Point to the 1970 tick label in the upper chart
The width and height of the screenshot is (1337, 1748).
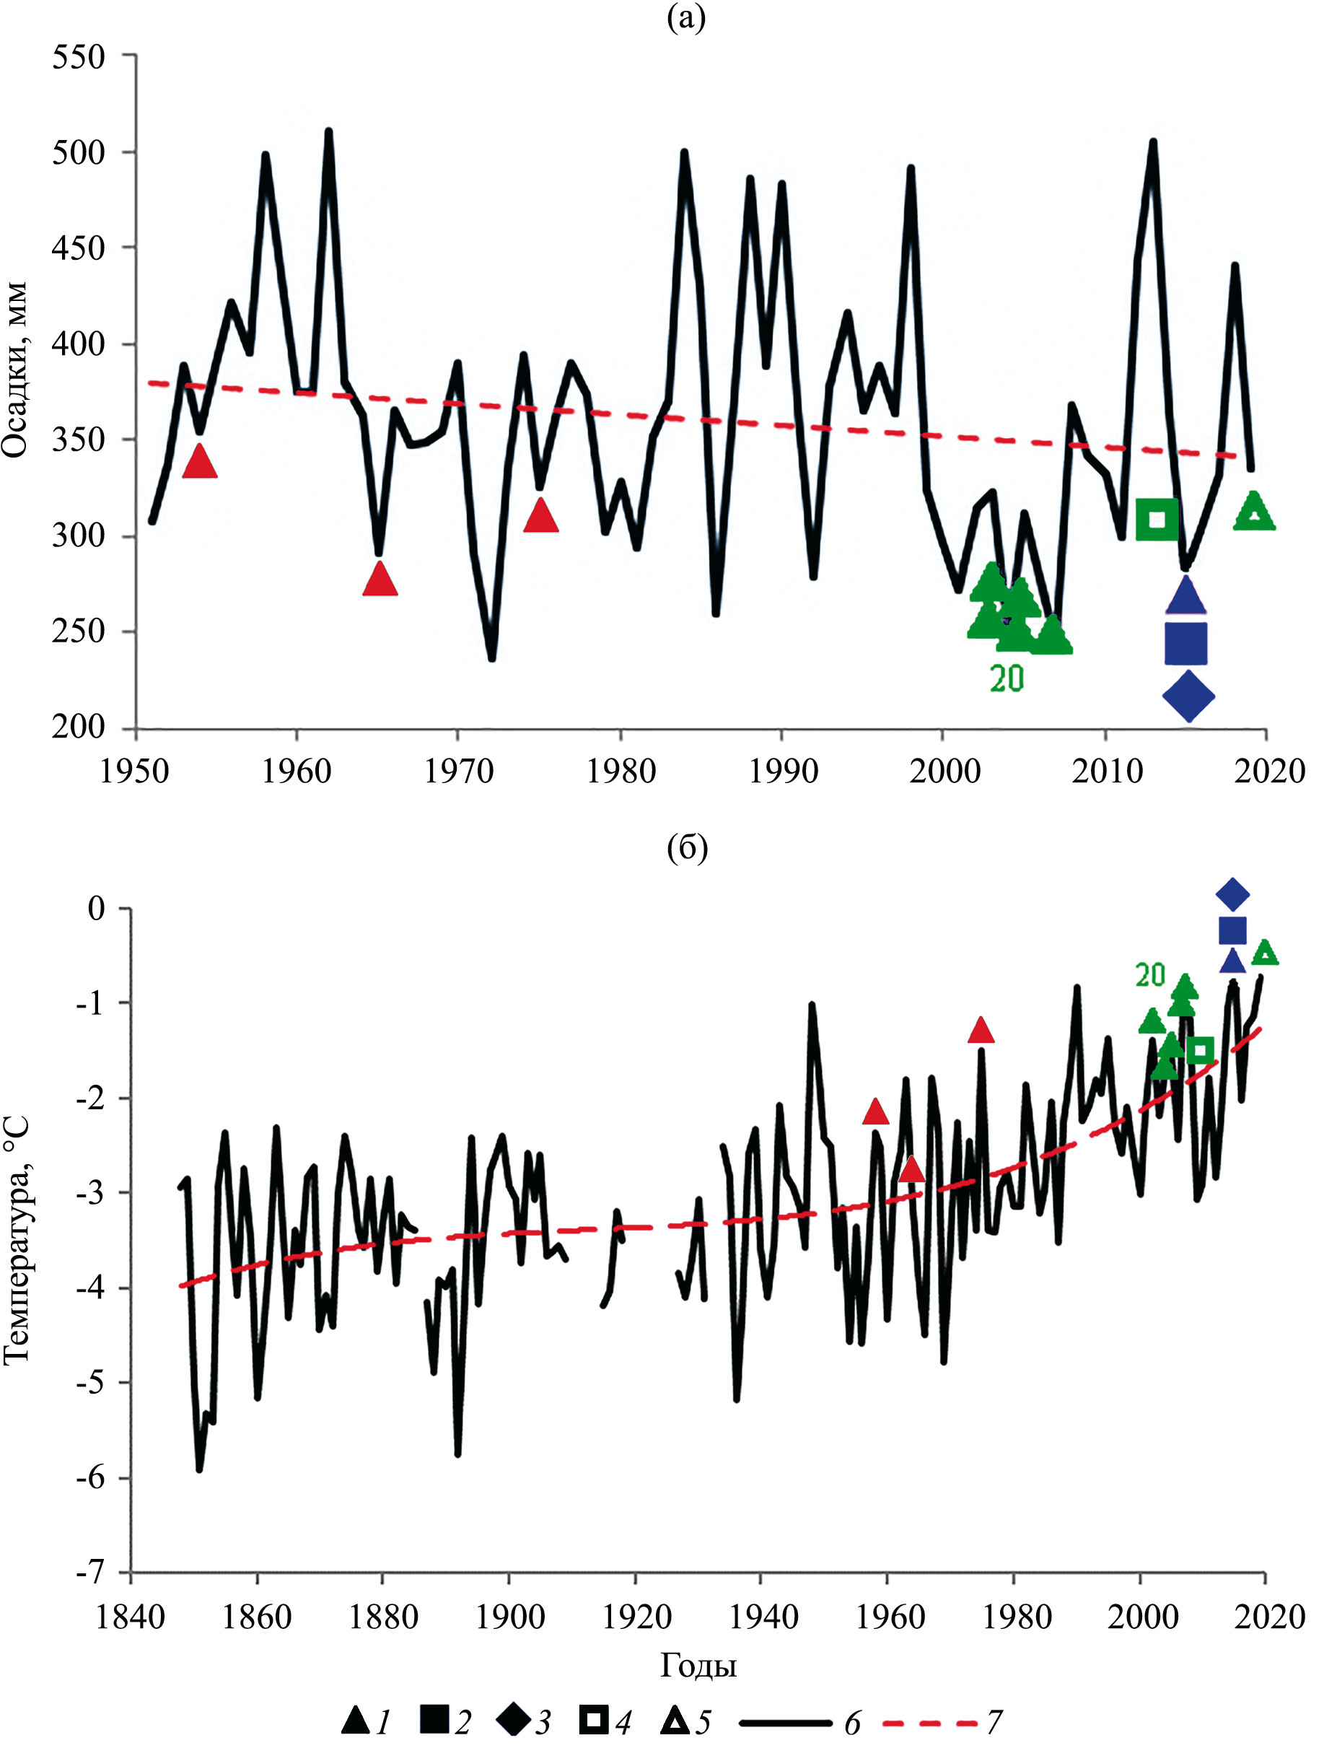tap(458, 772)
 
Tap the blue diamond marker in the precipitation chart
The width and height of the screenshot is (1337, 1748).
tap(1188, 696)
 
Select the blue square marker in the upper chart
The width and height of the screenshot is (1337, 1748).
tap(1185, 643)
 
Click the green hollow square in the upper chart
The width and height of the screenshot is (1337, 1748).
tap(1157, 519)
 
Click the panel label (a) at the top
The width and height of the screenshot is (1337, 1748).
tap(686, 17)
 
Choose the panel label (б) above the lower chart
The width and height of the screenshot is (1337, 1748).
tap(687, 849)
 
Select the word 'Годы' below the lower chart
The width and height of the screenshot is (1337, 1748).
tap(698, 1664)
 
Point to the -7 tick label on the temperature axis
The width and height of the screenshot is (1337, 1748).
tap(91, 1572)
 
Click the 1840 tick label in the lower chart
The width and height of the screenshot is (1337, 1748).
tap(130, 1617)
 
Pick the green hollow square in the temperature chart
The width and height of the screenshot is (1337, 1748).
tap(1200, 1050)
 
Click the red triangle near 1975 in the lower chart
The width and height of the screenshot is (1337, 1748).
tap(981, 1030)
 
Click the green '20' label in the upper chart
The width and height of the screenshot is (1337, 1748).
tap(1007, 678)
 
